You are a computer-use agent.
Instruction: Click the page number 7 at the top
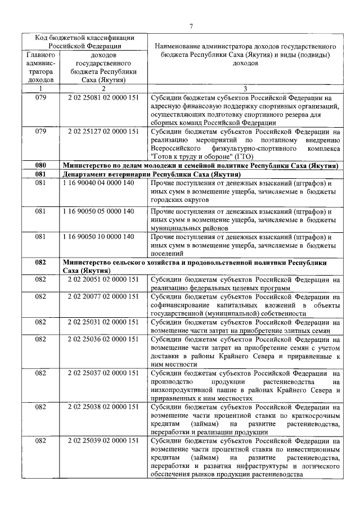click(191, 25)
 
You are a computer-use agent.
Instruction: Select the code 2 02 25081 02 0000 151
click(103, 98)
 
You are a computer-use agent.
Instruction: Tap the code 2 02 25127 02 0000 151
click(103, 132)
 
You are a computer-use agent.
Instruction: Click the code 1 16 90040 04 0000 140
click(103, 183)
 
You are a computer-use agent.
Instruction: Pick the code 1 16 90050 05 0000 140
click(103, 211)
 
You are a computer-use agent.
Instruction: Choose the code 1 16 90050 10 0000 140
click(103, 237)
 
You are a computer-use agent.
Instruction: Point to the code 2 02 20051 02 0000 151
click(103, 280)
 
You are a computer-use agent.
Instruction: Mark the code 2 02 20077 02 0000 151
click(103, 296)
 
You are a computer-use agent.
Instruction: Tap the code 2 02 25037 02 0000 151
click(103, 372)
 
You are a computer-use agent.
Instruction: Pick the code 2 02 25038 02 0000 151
click(103, 406)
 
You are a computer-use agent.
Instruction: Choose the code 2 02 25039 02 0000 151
click(103, 440)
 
